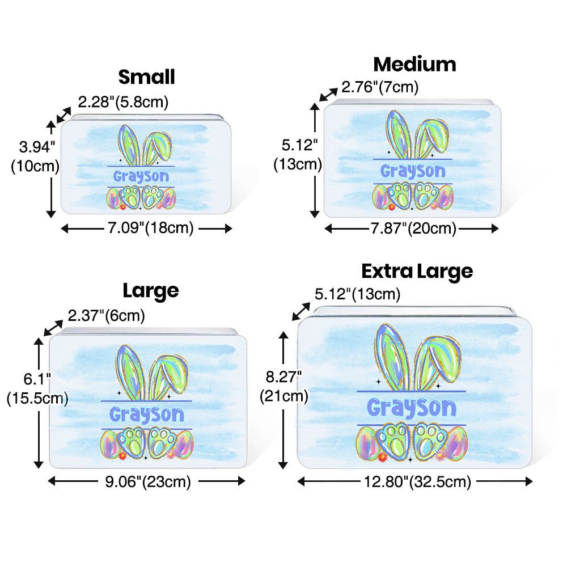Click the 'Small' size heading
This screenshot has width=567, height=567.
tap(146, 77)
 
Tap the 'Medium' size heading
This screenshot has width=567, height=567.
tap(414, 64)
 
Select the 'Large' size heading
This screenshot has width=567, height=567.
tap(151, 290)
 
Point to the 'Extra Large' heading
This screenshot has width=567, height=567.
tap(417, 271)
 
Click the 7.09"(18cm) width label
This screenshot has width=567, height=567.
tap(147, 228)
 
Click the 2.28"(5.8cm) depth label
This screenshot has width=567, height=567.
tap(123, 102)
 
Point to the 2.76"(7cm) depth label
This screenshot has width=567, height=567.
tap(379, 87)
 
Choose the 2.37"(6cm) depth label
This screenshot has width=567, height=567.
tap(107, 315)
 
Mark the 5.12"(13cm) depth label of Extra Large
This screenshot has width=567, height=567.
tap(357, 294)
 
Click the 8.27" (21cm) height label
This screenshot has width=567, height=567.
tap(283, 386)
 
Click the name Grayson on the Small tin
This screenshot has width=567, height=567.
tap(141, 176)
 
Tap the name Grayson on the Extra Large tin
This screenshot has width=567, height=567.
tap(411, 407)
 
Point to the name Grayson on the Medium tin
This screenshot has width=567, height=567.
tap(413, 170)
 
